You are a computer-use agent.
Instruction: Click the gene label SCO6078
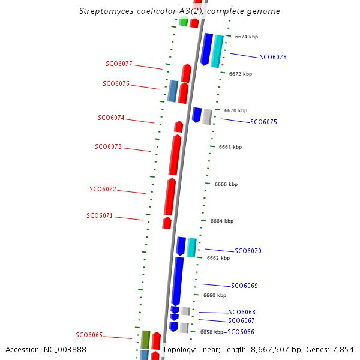(273, 58)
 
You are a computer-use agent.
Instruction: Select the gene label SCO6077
(119, 64)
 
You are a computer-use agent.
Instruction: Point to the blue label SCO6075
(263, 122)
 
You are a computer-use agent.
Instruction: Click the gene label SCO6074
(111, 118)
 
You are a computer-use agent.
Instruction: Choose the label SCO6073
(108, 147)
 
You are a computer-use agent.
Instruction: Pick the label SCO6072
(103, 190)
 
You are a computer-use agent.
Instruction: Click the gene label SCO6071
(100, 216)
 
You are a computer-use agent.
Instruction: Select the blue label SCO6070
(248, 251)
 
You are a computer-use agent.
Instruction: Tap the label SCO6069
(244, 286)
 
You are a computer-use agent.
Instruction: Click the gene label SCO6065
(89, 335)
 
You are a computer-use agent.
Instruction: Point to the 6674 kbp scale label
(247, 37)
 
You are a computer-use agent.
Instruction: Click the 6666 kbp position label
(226, 185)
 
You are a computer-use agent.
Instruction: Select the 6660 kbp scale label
(215, 296)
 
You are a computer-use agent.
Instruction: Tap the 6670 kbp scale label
(236, 111)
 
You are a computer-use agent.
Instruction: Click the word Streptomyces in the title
(104, 11)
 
